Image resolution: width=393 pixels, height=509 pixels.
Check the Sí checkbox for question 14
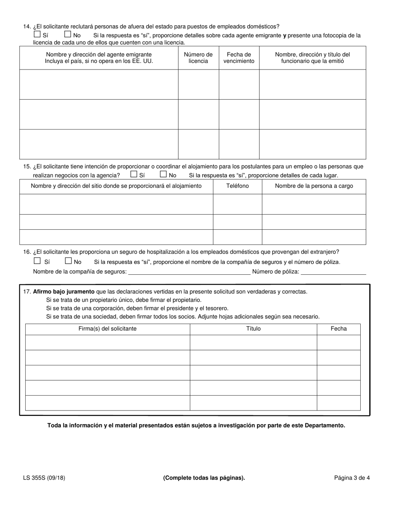click(x=37, y=35)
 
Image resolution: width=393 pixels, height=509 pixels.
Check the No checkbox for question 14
click(x=68, y=35)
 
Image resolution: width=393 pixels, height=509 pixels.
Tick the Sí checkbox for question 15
click(x=134, y=174)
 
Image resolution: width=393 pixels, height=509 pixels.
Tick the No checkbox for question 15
click(x=163, y=174)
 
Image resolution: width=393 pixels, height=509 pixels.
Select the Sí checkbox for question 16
click(x=37, y=261)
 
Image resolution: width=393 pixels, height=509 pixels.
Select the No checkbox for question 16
click(x=69, y=261)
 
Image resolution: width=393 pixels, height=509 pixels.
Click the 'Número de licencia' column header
click(x=198, y=58)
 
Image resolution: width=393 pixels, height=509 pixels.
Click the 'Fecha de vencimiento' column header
click(x=239, y=58)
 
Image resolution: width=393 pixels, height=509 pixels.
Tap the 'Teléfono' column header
click(x=237, y=186)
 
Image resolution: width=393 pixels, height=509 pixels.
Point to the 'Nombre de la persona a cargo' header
click(x=314, y=186)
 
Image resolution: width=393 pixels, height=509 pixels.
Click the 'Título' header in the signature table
click(x=253, y=329)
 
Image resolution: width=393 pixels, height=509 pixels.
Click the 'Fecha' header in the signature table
click(x=338, y=329)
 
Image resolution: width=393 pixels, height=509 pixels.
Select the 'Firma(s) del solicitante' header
click(x=108, y=329)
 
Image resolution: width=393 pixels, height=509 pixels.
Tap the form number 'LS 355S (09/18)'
click(x=44, y=478)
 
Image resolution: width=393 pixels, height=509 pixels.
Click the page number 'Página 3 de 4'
click(x=352, y=478)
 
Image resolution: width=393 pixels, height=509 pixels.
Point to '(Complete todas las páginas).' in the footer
click(x=204, y=478)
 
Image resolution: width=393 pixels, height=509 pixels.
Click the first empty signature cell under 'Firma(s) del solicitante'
click(x=108, y=342)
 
